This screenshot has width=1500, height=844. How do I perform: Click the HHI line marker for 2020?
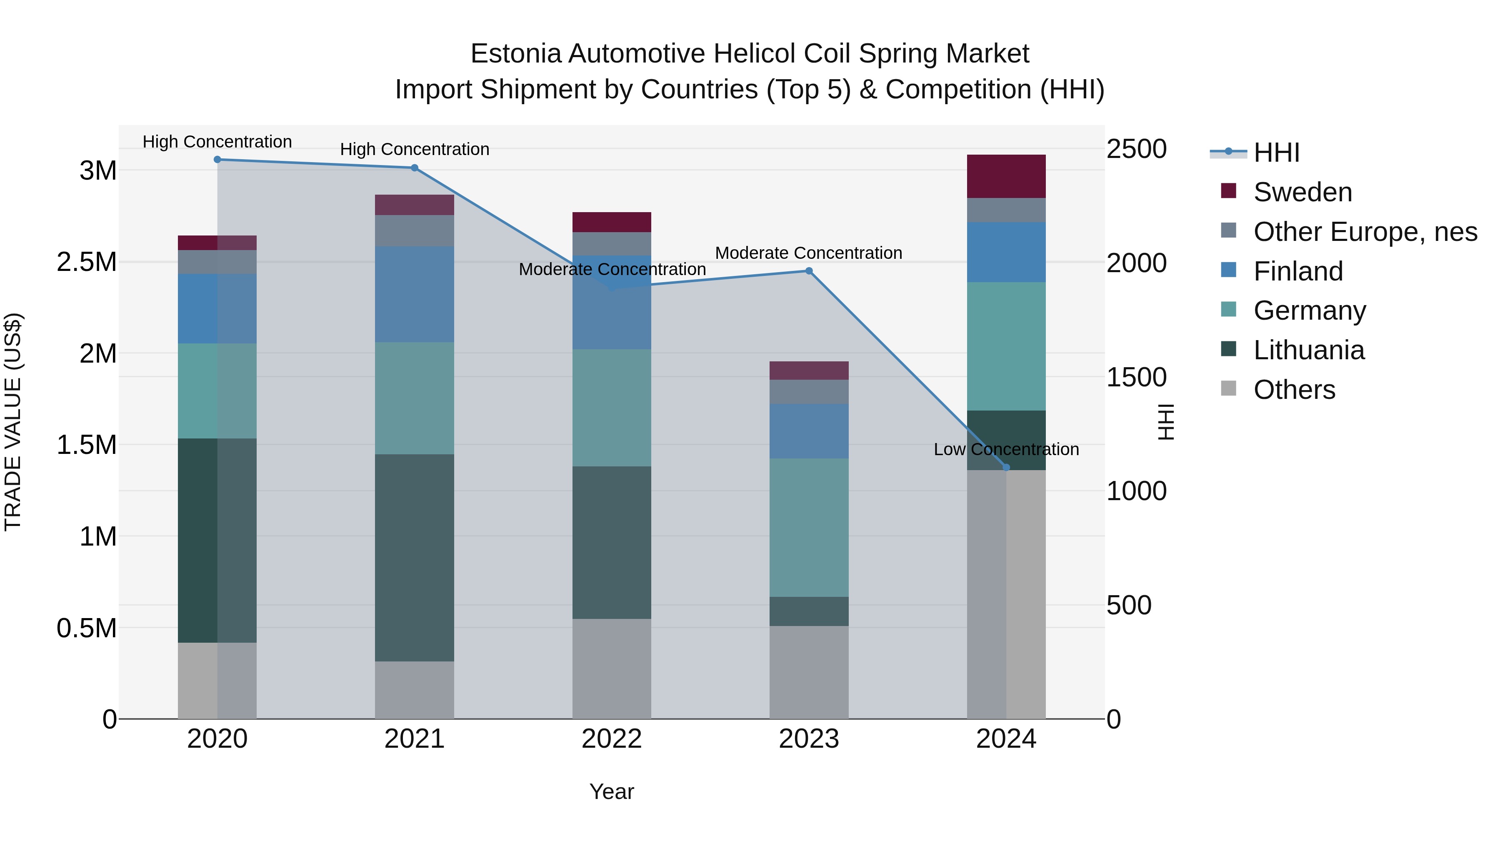point(217,160)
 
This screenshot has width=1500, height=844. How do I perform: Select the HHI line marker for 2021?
point(415,168)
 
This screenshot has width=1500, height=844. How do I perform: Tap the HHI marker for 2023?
point(809,271)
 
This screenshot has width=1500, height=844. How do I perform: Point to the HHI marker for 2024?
point(1006,468)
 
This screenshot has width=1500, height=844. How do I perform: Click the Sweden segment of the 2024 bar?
point(1006,176)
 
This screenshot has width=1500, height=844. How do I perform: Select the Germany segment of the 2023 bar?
point(809,527)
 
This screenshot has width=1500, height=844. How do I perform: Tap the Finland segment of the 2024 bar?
point(1006,252)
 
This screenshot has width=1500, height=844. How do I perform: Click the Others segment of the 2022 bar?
point(611,669)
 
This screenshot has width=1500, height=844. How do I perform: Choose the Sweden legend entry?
point(1302,192)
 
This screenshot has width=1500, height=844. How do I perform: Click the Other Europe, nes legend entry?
point(1365,232)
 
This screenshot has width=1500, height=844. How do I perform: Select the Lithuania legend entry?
point(1308,350)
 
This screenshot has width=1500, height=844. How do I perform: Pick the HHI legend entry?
point(1276,153)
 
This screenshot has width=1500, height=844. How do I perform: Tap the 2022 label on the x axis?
point(611,739)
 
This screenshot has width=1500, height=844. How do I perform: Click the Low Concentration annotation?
point(1006,450)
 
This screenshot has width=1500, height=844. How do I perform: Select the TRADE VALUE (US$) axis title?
point(13,422)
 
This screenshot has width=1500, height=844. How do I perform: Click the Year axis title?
point(611,791)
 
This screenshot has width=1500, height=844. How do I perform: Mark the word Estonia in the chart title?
point(515,54)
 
